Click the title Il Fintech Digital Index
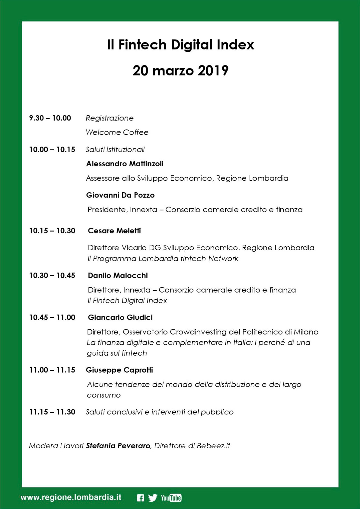(x=180, y=45)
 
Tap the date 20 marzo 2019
(x=180, y=71)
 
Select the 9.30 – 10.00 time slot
(x=50, y=118)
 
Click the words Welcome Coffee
(x=117, y=133)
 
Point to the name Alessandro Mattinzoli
(x=125, y=164)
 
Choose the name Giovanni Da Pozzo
(x=120, y=195)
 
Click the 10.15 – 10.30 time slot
(x=52, y=231)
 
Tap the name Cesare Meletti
(x=114, y=231)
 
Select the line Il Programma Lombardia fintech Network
(x=163, y=259)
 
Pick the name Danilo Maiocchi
(x=118, y=276)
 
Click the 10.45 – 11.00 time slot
(x=52, y=318)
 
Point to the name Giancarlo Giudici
(x=120, y=318)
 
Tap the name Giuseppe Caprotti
(x=119, y=370)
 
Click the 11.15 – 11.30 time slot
(x=52, y=412)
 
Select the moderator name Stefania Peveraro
(x=118, y=446)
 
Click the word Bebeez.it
(x=213, y=446)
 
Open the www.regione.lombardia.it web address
(x=71, y=498)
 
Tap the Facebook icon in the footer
(x=140, y=498)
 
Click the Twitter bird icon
(x=153, y=498)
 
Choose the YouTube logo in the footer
(x=171, y=498)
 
